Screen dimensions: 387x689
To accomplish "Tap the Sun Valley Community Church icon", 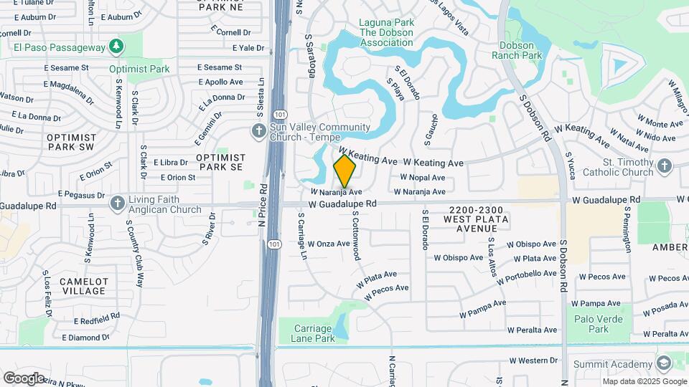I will coord(259,131).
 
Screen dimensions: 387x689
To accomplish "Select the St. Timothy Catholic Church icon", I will coord(664,167).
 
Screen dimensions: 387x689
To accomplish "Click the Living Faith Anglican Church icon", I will coord(117,204).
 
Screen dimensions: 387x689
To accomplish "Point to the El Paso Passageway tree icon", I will coord(116,47).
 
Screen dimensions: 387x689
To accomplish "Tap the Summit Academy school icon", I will coord(663,363).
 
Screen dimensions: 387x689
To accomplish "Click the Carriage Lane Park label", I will coord(314,333).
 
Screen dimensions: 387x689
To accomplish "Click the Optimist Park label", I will coord(139,70).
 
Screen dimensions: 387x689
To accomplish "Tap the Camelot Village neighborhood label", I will coord(83,286).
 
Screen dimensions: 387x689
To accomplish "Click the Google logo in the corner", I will coord(23,378).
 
